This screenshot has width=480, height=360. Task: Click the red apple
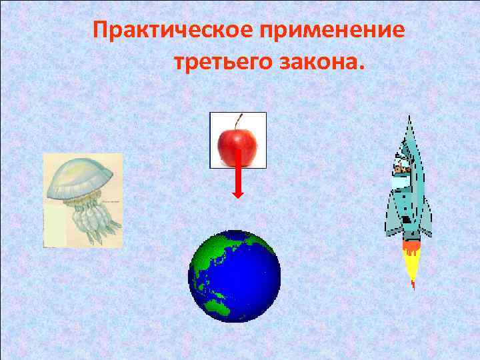[x=237, y=141]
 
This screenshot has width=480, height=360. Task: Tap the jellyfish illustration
[x=83, y=200]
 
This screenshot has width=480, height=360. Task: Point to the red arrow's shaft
[x=238, y=167]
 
